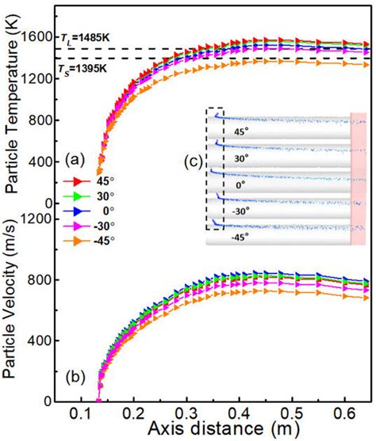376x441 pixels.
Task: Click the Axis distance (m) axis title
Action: pyautogui.click(x=213, y=430)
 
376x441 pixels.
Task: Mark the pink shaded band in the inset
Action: pyautogui.click(x=359, y=178)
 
